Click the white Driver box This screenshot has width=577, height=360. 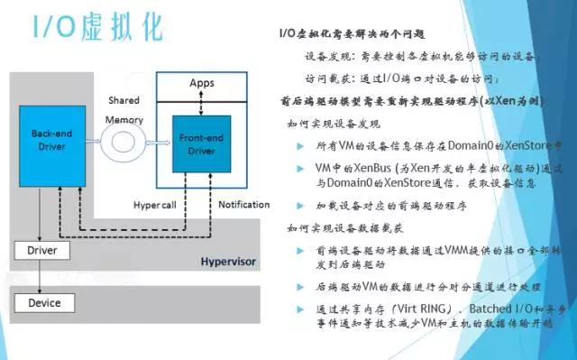42,250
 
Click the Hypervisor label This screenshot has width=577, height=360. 228,263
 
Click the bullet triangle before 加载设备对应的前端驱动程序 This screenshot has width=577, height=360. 301,206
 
